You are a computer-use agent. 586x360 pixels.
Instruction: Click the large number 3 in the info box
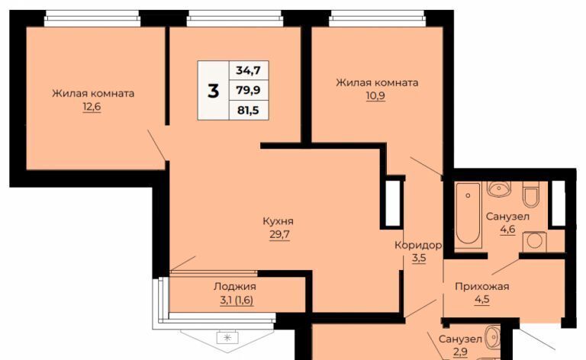tap(213, 91)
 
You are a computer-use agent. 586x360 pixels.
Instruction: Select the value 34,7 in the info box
tap(248, 70)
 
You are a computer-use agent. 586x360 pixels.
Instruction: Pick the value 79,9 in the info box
tap(248, 90)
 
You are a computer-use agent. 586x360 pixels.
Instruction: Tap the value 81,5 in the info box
tap(248, 110)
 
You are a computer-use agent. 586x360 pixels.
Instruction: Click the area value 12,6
tap(92, 108)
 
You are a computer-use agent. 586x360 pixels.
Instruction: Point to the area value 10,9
tap(375, 96)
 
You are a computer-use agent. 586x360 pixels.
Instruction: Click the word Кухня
tap(279, 221)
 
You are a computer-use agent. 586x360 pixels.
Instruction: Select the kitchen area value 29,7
tap(279, 235)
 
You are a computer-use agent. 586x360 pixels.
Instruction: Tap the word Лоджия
tap(235, 287)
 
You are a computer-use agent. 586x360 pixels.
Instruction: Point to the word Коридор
tap(419, 246)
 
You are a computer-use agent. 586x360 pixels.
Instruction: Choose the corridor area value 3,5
tap(419, 258)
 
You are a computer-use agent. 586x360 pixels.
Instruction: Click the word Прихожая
tap(482, 287)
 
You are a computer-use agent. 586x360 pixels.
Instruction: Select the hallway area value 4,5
tap(482, 300)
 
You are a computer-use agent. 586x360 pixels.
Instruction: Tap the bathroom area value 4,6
tap(507, 229)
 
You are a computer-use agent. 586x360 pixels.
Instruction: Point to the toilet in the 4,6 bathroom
tap(531, 194)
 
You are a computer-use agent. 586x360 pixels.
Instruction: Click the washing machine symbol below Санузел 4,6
tap(535, 242)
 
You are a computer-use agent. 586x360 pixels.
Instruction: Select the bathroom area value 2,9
tap(460, 352)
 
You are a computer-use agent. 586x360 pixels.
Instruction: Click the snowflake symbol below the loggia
tap(227, 338)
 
